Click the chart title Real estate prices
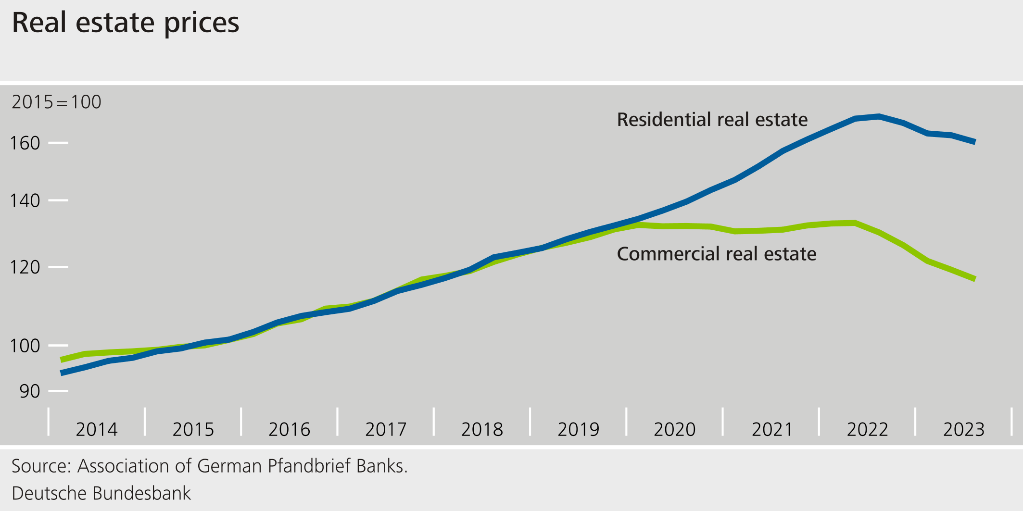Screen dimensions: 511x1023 pyautogui.click(x=125, y=23)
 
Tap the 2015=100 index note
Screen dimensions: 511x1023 pyautogui.click(x=56, y=102)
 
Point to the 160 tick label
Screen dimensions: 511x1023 pyautogui.click(x=25, y=143)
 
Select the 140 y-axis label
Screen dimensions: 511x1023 pyautogui.click(x=25, y=200)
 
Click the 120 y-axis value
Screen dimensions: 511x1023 pyautogui.click(x=25, y=267)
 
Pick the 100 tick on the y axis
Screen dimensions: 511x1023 pyautogui.click(x=25, y=346)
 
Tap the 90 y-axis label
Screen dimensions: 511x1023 pyautogui.click(x=30, y=391)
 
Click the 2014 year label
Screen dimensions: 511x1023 pyautogui.click(x=97, y=429)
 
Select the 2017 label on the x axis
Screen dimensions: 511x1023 pyautogui.click(x=386, y=429)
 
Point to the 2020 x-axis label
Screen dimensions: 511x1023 pyautogui.click(x=674, y=429)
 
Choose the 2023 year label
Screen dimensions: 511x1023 pyautogui.click(x=964, y=429)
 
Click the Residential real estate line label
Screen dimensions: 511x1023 pyautogui.click(x=712, y=120)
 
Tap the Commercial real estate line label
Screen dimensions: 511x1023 pyautogui.click(x=716, y=254)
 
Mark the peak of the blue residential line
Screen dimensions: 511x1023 pyautogui.click(x=879, y=116)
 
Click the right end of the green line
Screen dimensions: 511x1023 pyautogui.click(x=974, y=279)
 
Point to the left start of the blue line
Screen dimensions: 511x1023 pyautogui.click(x=62, y=373)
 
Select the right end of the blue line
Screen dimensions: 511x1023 pyautogui.click(x=974, y=142)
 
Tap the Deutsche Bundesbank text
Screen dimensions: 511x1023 pyautogui.click(x=101, y=494)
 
